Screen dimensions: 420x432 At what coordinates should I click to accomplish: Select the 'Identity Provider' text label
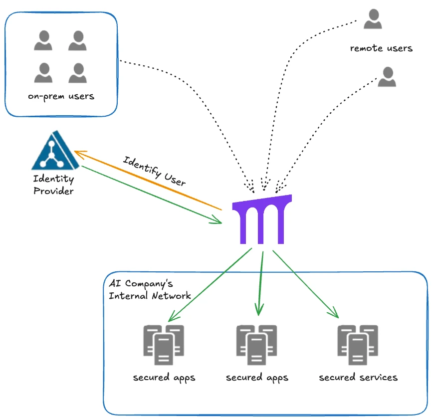pos(53,185)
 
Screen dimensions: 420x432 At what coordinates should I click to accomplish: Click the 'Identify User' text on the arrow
pos(154,171)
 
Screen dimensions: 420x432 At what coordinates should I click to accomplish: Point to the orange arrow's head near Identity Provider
pos(79,152)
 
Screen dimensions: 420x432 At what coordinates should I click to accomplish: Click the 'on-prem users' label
pos(61,96)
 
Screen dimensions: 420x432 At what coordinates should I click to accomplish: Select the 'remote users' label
pos(381,48)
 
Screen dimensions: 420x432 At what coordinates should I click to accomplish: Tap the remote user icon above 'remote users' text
pos(372,19)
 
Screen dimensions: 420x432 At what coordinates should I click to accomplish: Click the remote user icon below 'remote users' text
pos(387,77)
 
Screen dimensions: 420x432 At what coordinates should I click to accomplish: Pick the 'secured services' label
pos(358,377)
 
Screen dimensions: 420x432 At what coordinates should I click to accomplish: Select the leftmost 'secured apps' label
pos(164,377)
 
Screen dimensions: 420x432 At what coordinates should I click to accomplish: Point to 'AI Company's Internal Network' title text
pos(149,289)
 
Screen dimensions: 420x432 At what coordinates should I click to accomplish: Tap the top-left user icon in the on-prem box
pos(43,40)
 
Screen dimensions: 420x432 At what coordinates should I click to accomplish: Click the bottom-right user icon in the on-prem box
pos(77,73)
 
